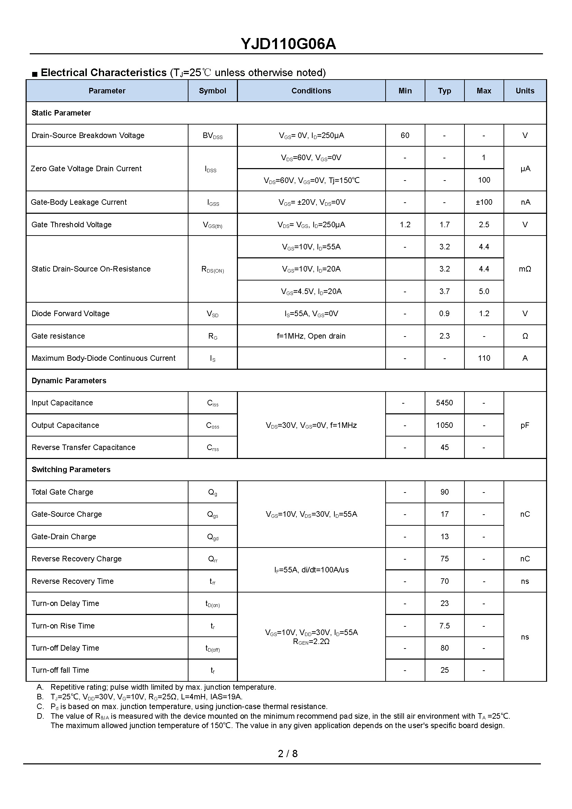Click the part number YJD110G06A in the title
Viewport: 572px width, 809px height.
point(288,44)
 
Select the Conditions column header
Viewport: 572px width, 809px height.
point(311,91)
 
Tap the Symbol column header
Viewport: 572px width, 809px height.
point(212,91)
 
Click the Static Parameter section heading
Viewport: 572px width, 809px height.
point(61,113)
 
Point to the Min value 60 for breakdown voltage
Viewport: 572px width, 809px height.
point(405,135)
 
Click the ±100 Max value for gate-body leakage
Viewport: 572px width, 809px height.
point(483,202)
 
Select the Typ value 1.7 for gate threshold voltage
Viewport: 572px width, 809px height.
point(444,224)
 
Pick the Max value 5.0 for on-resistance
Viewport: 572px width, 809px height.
point(483,291)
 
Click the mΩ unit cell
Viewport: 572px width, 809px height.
point(525,269)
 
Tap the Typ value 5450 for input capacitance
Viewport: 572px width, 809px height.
point(444,403)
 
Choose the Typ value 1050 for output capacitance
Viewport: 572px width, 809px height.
point(444,425)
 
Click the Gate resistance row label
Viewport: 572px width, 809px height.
point(58,336)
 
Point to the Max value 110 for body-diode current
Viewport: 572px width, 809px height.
point(483,358)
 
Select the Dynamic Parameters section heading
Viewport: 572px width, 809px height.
point(69,380)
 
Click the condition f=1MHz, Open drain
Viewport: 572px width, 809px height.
point(311,336)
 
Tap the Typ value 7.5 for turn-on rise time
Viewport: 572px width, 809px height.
point(444,626)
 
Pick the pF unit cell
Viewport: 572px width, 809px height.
point(525,425)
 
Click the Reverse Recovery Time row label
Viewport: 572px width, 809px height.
point(73,581)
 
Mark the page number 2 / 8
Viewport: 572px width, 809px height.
point(287,754)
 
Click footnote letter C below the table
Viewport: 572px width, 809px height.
point(40,706)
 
